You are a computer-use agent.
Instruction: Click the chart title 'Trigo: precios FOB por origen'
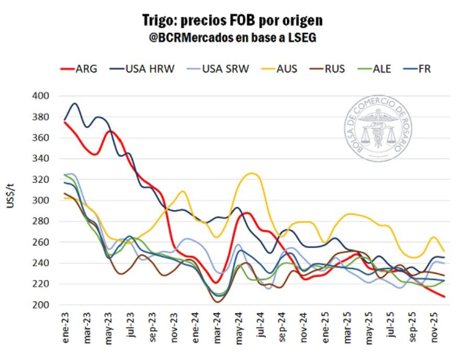[232, 20]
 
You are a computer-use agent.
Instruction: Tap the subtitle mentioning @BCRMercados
[232, 38]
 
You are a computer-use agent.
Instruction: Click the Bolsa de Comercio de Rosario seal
[378, 128]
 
